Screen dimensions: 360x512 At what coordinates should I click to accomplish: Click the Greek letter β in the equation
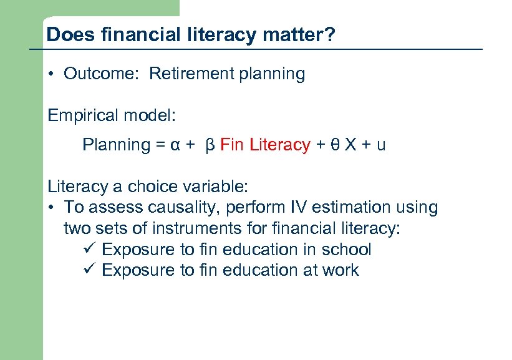point(210,145)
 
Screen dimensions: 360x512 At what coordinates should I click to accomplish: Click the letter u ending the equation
point(381,145)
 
